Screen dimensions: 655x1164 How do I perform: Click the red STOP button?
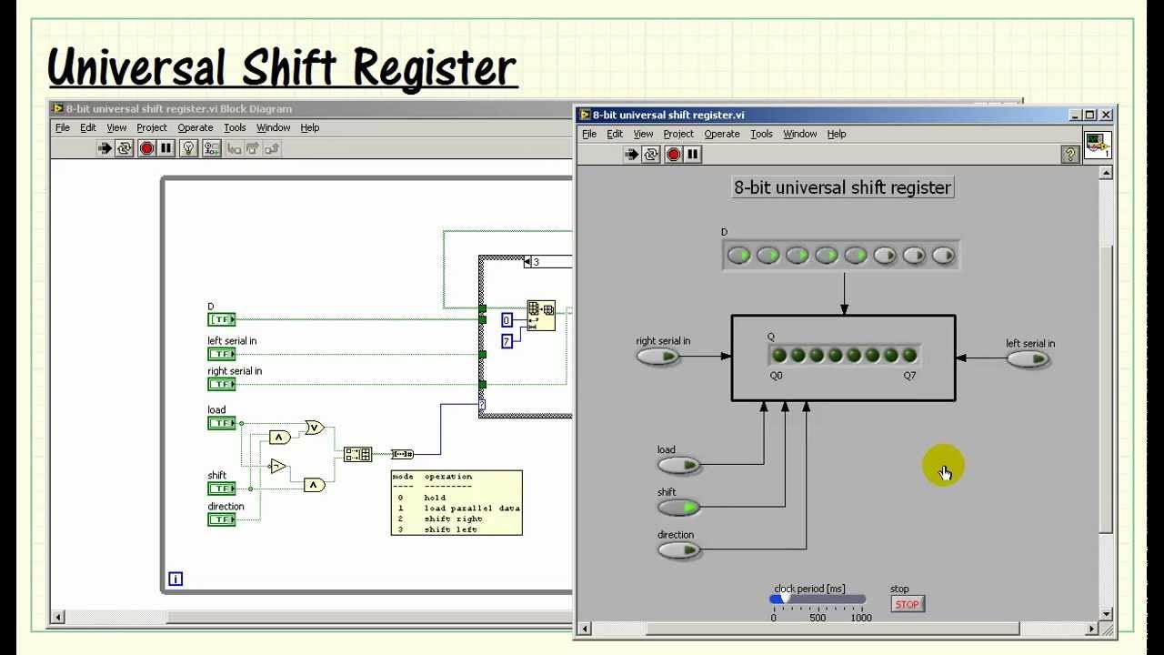tap(907, 604)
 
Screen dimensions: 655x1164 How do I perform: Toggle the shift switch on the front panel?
tap(679, 507)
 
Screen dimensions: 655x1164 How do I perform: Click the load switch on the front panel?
tap(679, 466)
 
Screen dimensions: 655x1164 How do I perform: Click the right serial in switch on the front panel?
tap(658, 357)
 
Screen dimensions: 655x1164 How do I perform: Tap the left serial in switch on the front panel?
tap(1029, 359)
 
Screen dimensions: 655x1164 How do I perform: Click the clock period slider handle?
tap(778, 599)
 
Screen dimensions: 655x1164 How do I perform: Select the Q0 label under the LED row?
tap(776, 375)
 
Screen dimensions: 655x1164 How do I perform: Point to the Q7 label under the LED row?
tap(910, 375)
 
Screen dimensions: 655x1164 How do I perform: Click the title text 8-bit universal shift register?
tap(842, 187)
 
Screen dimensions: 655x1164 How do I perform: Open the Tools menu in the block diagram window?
tap(235, 128)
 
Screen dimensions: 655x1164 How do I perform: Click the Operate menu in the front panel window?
tap(722, 134)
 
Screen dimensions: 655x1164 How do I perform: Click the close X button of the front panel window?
tap(1106, 115)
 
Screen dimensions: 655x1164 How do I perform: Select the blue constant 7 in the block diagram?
tap(507, 341)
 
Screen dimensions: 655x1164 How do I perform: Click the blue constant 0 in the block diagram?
tap(507, 319)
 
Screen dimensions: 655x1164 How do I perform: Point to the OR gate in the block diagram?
tap(314, 427)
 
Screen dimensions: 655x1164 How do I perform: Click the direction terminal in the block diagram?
tap(221, 519)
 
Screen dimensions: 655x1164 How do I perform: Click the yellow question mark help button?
tap(1070, 155)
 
